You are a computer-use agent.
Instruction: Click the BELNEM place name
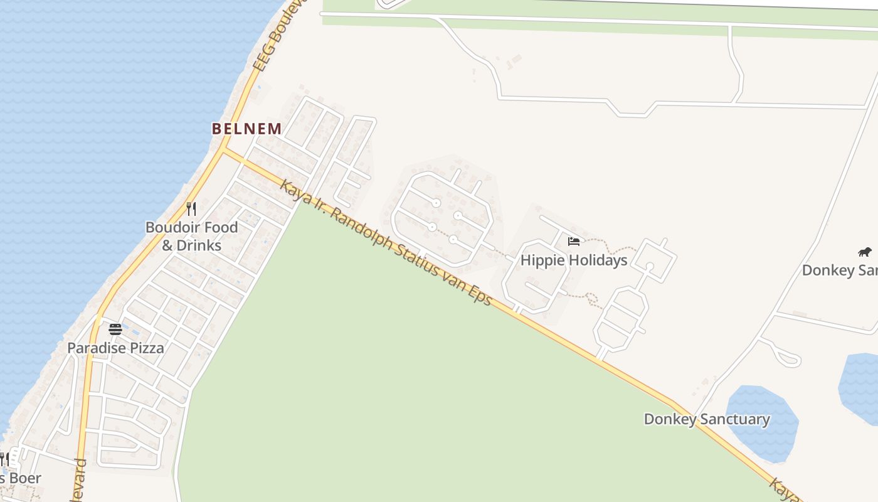pyautogui.click(x=246, y=129)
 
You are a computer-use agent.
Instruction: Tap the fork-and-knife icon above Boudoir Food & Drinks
pyautogui.click(x=191, y=208)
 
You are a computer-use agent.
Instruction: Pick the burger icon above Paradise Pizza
pyautogui.click(x=115, y=329)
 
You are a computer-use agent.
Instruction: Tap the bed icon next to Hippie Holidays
pyautogui.click(x=573, y=241)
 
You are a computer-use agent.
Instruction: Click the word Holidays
pyautogui.click(x=596, y=260)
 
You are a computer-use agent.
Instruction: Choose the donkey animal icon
pyautogui.click(x=865, y=252)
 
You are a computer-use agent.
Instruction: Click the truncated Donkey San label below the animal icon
pyautogui.click(x=839, y=270)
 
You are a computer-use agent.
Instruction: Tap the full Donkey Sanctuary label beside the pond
pyautogui.click(x=707, y=419)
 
